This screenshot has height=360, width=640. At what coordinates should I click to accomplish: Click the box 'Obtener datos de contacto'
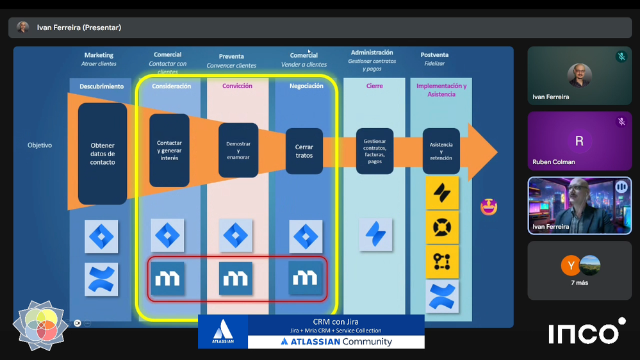click(x=103, y=154)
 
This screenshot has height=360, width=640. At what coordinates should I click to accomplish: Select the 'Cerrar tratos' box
click(x=304, y=151)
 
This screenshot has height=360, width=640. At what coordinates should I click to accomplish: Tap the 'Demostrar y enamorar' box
click(x=238, y=150)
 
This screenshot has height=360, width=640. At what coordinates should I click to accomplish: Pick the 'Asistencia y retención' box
click(x=441, y=151)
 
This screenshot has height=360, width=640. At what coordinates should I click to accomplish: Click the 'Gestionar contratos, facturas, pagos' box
click(x=375, y=151)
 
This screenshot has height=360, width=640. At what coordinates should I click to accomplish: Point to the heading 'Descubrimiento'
click(x=102, y=86)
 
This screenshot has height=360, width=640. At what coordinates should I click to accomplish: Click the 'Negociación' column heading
click(x=306, y=86)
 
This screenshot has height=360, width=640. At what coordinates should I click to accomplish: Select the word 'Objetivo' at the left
click(x=40, y=145)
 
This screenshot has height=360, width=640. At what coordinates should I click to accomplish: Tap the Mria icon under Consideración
click(x=167, y=279)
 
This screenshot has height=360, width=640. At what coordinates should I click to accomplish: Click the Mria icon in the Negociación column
click(x=305, y=279)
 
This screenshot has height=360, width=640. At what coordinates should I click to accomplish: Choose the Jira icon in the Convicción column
click(x=236, y=236)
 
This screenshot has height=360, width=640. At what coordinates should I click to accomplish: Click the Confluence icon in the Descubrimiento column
click(x=102, y=279)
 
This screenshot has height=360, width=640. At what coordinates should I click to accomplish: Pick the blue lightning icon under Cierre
click(x=375, y=235)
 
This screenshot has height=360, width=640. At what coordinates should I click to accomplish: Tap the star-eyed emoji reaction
click(x=489, y=207)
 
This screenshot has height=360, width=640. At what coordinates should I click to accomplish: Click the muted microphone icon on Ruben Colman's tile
click(x=621, y=122)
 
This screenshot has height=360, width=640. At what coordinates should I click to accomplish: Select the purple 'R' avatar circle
click(x=579, y=141)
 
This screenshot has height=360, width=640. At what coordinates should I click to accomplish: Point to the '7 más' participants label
click(x=579, y=282)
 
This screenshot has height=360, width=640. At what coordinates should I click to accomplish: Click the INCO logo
click(x=586, y=332)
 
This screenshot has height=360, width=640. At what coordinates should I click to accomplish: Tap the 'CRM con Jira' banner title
click(x=336, y=322)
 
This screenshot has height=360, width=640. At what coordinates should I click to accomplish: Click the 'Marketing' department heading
click(x=99, y=55)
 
